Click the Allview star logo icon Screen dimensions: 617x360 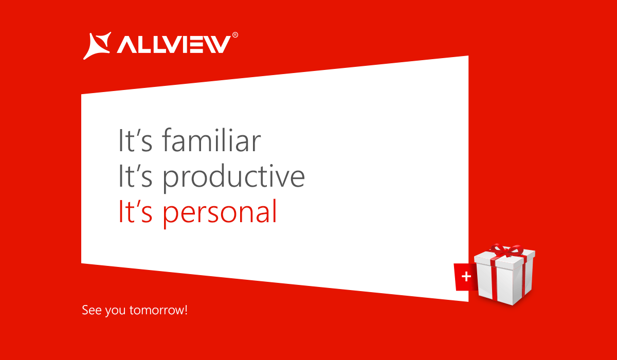(97, 46)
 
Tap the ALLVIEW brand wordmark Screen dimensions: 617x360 (174, 44)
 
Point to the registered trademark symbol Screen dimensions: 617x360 (235, 34)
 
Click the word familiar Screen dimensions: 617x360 (211, 140)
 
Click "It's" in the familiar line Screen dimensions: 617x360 (135, 140)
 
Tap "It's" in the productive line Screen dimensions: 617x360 (135, 175)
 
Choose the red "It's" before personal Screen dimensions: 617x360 (135, 211)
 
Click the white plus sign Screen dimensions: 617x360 (466, 276)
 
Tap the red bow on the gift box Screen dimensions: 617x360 (506, 250)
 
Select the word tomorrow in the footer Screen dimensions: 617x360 (156, 311)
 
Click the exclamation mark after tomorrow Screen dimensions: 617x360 (186, 310)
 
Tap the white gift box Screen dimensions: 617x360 (504, 275)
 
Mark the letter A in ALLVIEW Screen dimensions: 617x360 (126, 45)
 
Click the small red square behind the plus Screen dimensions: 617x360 (465, 277)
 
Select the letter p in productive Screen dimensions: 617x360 (170, 179)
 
